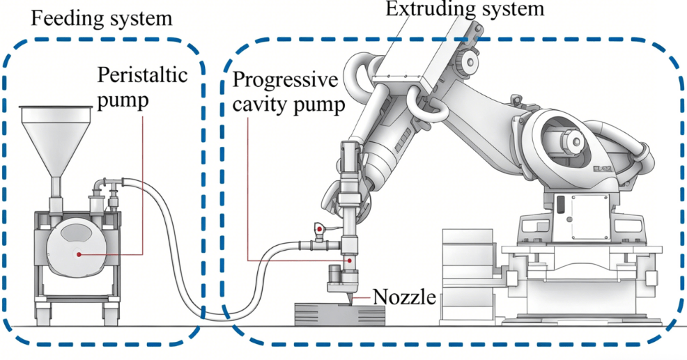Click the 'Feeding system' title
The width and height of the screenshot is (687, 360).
(x=101, y=17)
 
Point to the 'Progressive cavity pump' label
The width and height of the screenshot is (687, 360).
(x=288, y=92)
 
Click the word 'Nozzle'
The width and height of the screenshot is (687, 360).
(x=404, y=298)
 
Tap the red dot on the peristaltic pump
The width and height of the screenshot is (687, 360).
(x=80, y=255)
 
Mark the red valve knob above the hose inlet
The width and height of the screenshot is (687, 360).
(x=319, y=228)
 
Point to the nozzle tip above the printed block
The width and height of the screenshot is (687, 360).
(x=348, y=299)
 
